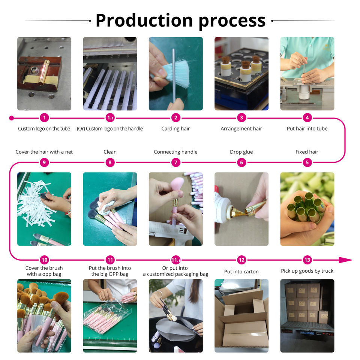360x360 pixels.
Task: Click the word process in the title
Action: [232, 21]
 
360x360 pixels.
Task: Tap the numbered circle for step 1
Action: [44, 118]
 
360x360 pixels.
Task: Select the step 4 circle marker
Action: [307, 118]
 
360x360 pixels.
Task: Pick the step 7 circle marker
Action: [175, 162]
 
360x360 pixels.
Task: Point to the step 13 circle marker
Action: [307, 260]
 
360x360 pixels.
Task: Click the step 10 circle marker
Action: [44, 260]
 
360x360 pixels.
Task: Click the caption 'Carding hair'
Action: [175, 129]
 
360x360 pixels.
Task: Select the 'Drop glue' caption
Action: [241, 152]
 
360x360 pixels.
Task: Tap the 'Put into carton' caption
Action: [241, 271]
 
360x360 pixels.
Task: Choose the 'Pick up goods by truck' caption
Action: [307, 271]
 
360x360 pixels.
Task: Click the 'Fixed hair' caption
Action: [307, 152]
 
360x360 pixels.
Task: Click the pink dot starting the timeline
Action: [11, 118]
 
